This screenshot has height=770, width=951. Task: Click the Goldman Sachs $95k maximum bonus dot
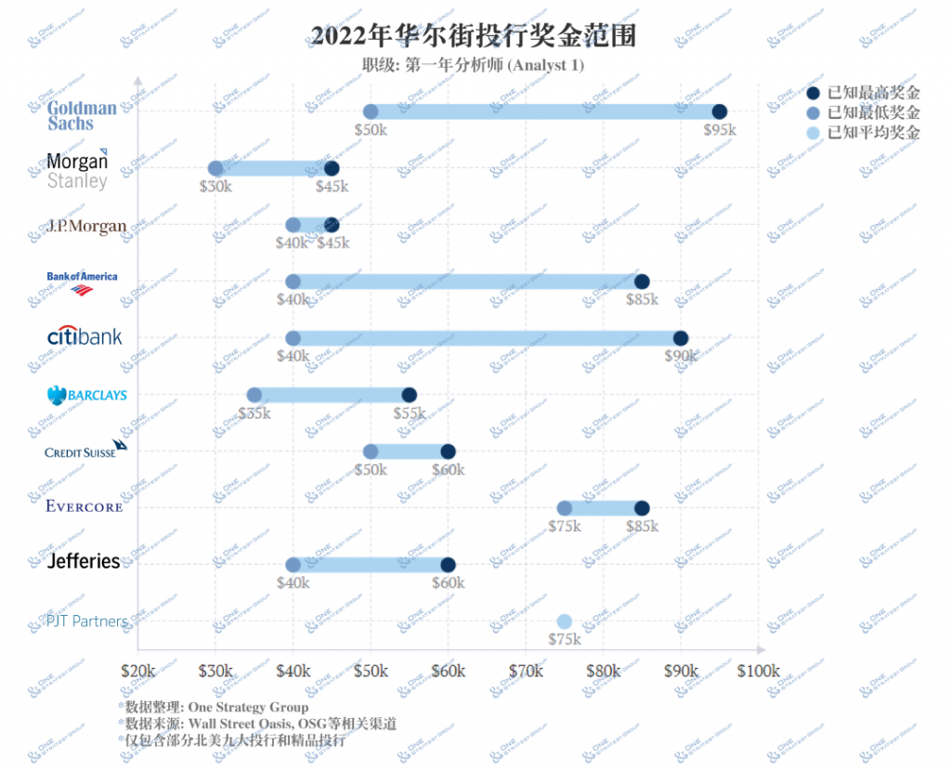coord(719,111)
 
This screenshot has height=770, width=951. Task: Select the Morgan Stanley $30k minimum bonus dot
coord(215,168)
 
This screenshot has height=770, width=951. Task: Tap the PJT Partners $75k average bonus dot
coord(564,621)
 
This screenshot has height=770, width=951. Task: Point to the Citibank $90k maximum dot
coord(681,338)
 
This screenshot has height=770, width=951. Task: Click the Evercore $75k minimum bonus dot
coord(564,508)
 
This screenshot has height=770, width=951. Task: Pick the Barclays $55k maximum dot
coord(410,395)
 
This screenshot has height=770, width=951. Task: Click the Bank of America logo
coord(83,282)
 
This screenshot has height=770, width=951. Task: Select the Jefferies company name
coord(84,562)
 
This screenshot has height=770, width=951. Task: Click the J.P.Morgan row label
coord(86,226)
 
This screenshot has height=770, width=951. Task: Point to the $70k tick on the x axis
coord(526,671)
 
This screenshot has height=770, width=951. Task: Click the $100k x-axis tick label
coord(759,671)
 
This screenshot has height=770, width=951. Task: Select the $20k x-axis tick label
coord(138,671)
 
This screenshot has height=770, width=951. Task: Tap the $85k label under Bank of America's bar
coord(641,300)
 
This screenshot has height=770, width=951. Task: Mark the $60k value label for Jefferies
coord(448,583)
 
